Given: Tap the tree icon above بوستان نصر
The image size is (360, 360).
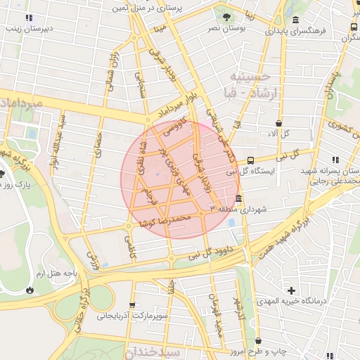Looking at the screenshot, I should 225,16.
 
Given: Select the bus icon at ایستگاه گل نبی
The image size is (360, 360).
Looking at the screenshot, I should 251,160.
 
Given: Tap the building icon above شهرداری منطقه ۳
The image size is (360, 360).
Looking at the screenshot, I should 239,198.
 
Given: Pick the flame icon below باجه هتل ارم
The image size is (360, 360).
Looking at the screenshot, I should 30,289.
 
